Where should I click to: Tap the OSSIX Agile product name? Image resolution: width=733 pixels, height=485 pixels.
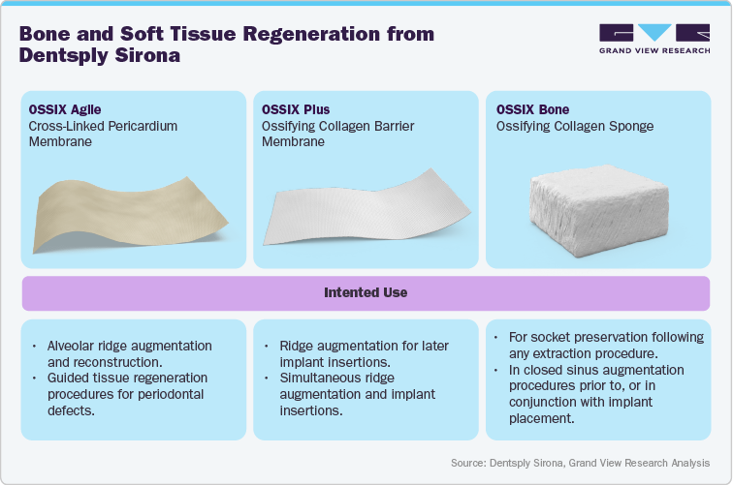63,110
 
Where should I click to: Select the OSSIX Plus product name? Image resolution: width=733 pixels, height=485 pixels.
293,110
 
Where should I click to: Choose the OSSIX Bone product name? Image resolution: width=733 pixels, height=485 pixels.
532,110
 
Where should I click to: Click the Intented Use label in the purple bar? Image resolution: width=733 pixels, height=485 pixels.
366,291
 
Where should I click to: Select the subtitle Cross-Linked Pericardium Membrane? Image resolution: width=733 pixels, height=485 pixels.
103,134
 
